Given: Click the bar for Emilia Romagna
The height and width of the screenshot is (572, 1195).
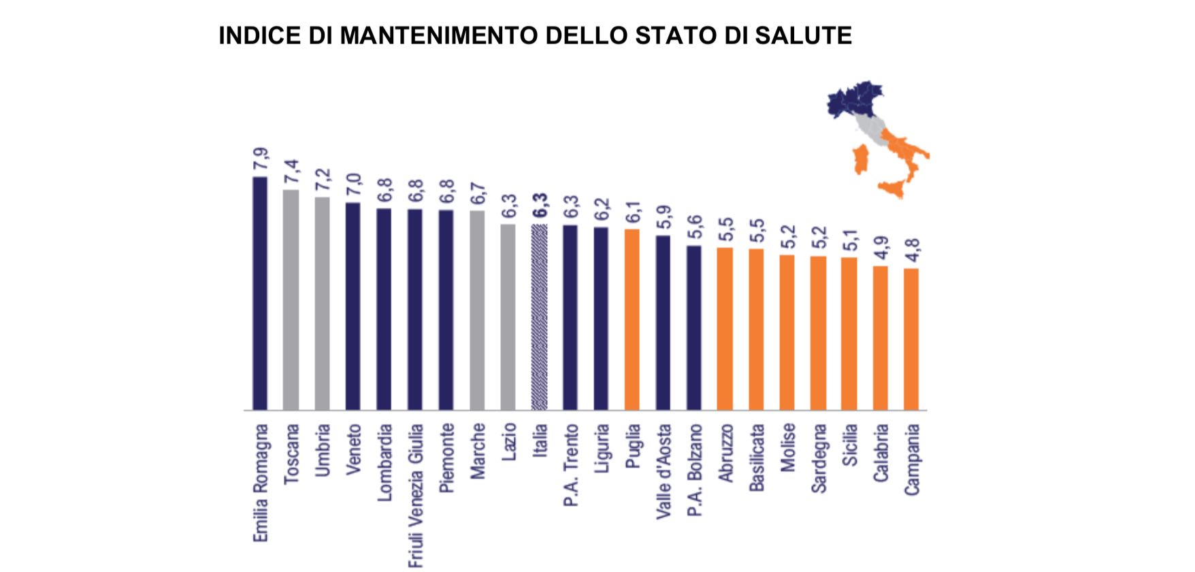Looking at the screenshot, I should (x=260, y=293).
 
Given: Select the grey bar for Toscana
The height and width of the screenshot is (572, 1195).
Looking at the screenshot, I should (x=291, y=300).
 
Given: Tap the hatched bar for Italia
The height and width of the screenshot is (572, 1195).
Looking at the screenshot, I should (x=539, y=317).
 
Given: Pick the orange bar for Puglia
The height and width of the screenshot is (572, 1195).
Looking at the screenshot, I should (x=632, y=319).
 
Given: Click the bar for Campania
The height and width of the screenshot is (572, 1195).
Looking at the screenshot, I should (x=911, y=339).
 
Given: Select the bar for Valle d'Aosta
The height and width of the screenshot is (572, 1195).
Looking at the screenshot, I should (x=663, y=323).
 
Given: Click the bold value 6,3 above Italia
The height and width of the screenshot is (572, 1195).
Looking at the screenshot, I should (x=540, y=206).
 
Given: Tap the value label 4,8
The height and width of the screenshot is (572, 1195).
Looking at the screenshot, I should (x=912, y=251).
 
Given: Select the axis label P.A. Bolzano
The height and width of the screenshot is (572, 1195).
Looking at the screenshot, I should (x=694, y=469).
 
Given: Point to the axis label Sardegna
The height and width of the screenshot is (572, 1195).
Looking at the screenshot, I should (x=819, y=458).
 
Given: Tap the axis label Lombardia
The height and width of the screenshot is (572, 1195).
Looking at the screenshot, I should (x=384, y=462).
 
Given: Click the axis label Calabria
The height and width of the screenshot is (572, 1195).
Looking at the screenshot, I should (x=881, y=453).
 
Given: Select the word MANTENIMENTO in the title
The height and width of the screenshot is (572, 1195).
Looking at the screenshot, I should (x=438, y=35).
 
